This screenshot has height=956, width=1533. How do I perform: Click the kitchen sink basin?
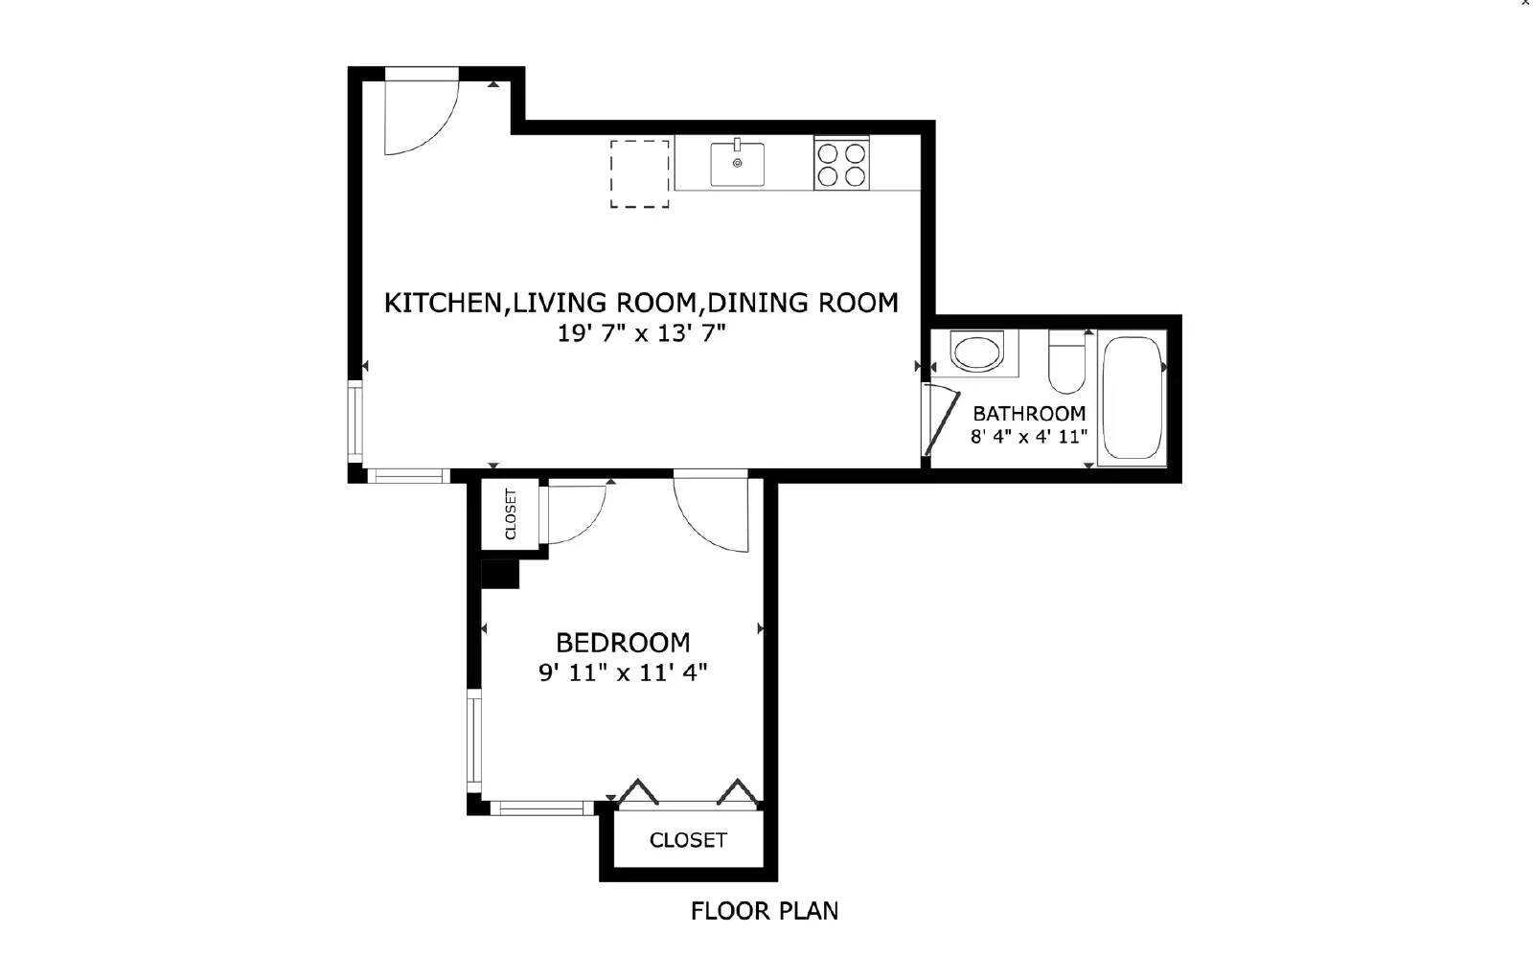(x=737, y=164)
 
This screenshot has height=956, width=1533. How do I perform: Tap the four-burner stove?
(x=841, y=164)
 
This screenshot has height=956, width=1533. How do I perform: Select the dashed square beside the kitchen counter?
(x=640, y=173)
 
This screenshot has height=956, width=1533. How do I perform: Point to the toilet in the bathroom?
(x=1066, y=362)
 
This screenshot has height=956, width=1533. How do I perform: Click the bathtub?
(x=1132, y=398)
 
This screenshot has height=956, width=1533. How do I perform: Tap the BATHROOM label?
(x=1029, y=414)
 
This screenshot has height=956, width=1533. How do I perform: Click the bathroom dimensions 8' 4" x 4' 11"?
(x=1029, y=437)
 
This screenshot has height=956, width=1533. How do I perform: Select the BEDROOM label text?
(x=623, y=642)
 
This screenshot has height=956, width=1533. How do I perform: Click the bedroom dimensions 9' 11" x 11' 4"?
(x=623, y=672)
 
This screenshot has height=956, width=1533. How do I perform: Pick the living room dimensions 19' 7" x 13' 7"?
(x=641, y=333)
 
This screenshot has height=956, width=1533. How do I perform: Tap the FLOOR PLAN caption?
(x=764, y=910)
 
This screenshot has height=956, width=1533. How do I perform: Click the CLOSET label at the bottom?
(x=688, y=840)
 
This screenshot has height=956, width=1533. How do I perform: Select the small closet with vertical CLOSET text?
(x=510, y=514)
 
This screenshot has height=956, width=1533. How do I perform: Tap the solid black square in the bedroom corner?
(x=499, y=574)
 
